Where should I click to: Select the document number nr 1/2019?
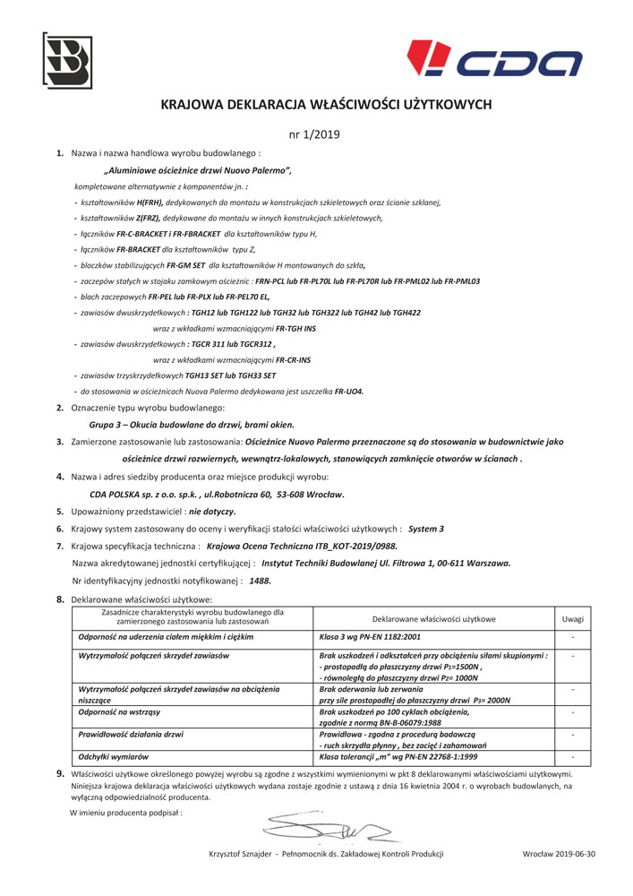point(315,134)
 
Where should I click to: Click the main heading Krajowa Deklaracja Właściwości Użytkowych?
point(326,105)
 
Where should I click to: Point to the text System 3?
point(426,529)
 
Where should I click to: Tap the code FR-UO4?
point(349,392)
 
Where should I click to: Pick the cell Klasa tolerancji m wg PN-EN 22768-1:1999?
point(398,757)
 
